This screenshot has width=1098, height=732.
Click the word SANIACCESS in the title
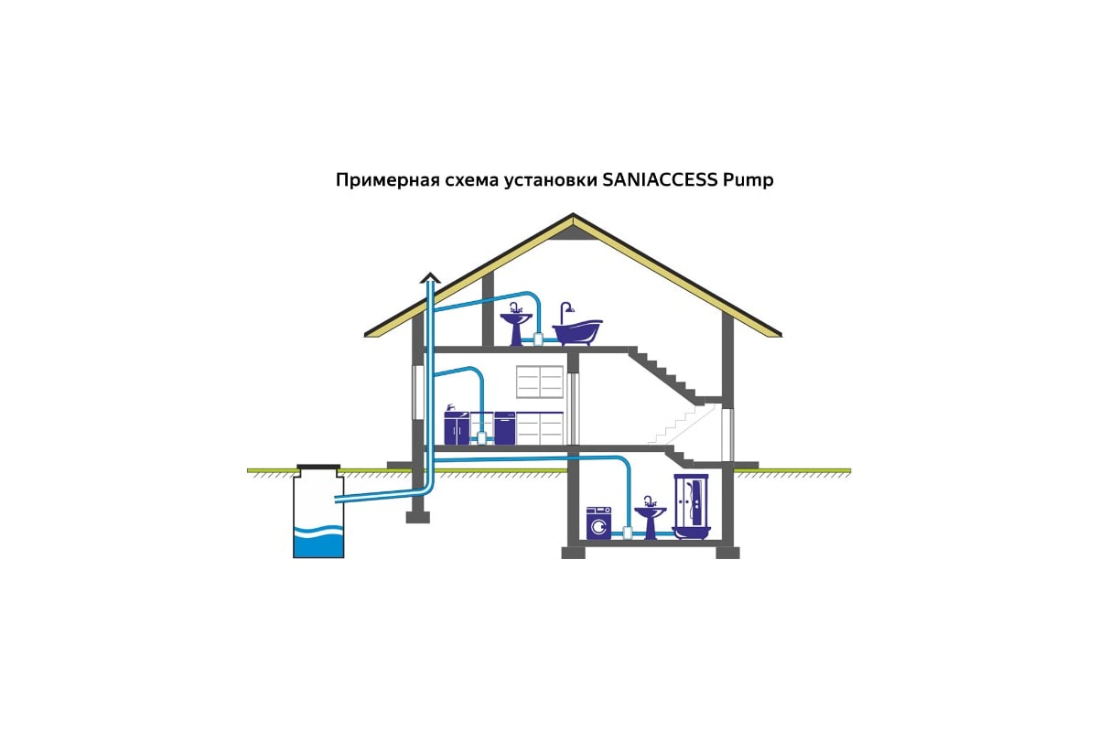click(x=660, y=180)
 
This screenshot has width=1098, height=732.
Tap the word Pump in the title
click(x=748, y=181)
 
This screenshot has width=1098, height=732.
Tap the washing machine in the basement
click(x=598, y=523)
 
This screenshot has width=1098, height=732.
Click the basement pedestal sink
click(x=650, y=518)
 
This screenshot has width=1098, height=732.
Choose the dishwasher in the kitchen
click(x=505, y=427)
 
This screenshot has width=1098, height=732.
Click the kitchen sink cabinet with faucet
click(x=456, y=426)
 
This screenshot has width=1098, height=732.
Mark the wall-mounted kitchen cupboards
click(x=540, y=382)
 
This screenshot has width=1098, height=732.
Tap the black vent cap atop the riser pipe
click(x=429, y=275)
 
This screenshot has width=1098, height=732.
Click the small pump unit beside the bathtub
click(x=541, y=338)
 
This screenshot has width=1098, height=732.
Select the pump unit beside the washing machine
click(x=628, y=530)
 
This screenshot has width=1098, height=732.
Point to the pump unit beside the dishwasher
click(x=481, y=437)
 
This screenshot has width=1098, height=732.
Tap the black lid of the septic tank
click(x=319, y=468)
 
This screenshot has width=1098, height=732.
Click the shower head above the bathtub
click(x=566, y=307)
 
